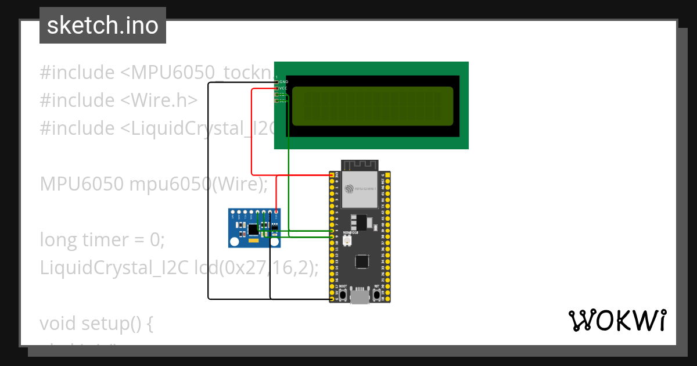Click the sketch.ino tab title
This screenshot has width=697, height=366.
(x=102, y=26)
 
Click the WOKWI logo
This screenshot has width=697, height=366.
(x=617, y=320)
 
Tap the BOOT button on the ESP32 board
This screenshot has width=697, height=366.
(x=343, y=295)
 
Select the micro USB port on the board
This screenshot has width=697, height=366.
(x=360, y=297)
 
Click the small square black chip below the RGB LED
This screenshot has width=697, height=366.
(x=362, y=261)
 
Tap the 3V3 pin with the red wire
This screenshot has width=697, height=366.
(x=332, y=175)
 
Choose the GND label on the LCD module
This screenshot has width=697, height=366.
(x=283, y=82)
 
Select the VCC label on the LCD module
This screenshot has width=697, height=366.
(x=283, y=88)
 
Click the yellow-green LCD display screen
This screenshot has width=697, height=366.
(x=372, y=106)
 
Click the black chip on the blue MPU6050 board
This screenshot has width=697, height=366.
(x=254, y=229)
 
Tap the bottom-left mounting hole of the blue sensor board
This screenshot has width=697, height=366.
(x=235, y=241)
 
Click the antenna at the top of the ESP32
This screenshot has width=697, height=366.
(x=360, y=164)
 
